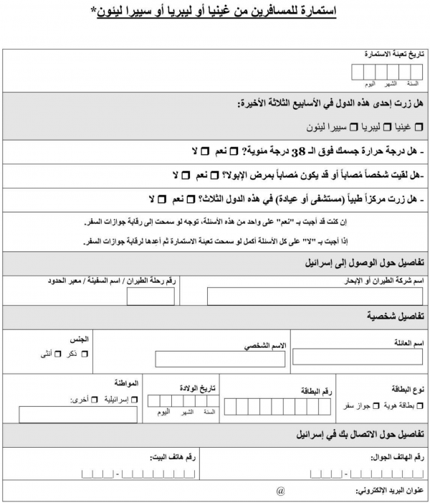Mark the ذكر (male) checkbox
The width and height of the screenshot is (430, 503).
[x=85, y=354]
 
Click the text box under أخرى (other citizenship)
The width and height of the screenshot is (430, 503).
[x=68, y=415]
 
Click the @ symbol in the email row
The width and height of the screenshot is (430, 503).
[x=280, y=492]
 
